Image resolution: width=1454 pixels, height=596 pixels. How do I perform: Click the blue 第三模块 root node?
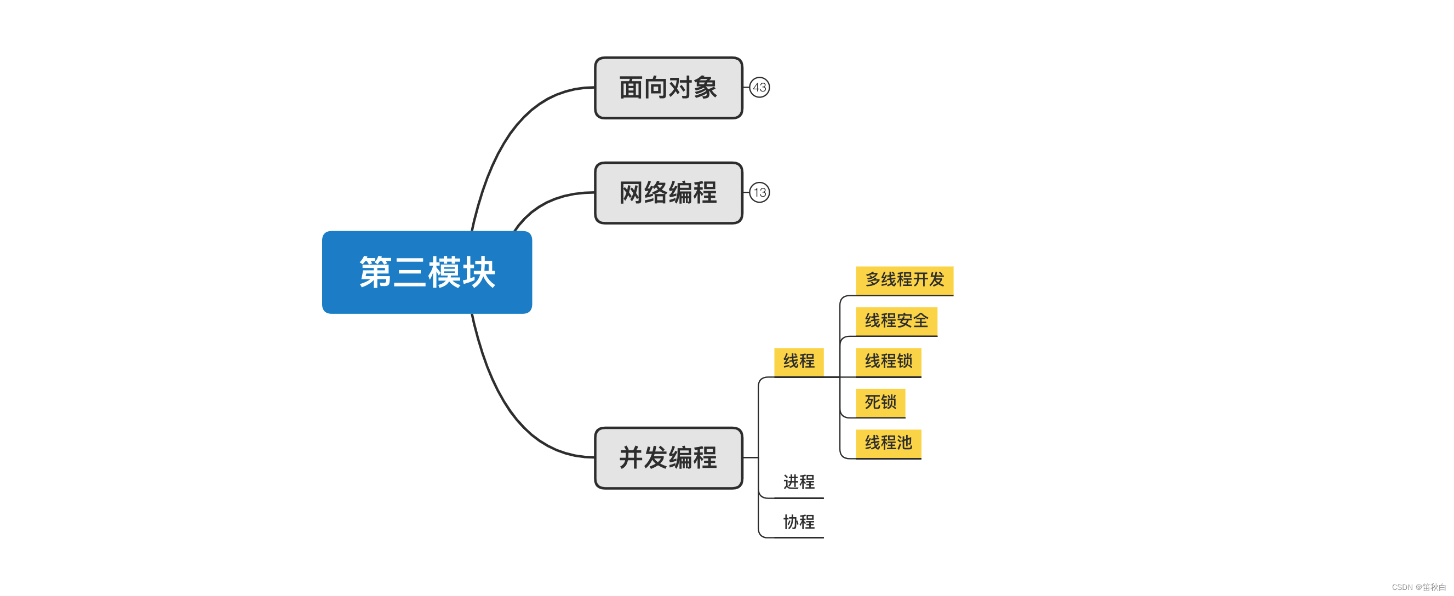pos(427,272)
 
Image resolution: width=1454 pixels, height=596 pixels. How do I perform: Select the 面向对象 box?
pos(668,88)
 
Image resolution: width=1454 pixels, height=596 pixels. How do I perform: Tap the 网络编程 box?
pos(668,193)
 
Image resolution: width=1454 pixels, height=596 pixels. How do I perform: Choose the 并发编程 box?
pos(668,458)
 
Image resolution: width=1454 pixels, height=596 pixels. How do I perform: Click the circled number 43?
pos(759,88)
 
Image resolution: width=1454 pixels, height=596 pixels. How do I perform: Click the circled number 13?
pos(759,192)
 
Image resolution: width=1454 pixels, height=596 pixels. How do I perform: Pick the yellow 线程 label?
pos(798,361)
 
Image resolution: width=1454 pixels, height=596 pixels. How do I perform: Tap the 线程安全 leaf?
pos(896,320)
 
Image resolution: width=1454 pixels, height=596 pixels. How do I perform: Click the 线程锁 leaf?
pos(888,361)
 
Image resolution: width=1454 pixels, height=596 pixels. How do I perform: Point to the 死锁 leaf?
pos(880,403)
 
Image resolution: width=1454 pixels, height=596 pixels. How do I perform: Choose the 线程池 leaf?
pos(888,443)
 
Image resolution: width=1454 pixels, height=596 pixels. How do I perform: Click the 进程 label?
pos(798,482)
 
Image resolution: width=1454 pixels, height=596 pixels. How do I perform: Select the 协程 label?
pos(798,522)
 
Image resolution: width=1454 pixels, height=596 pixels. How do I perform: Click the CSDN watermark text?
pos(1417,587)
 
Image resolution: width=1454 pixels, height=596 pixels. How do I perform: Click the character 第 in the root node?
pos(375,272)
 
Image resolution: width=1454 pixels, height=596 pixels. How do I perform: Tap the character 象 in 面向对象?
pos(705,88)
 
